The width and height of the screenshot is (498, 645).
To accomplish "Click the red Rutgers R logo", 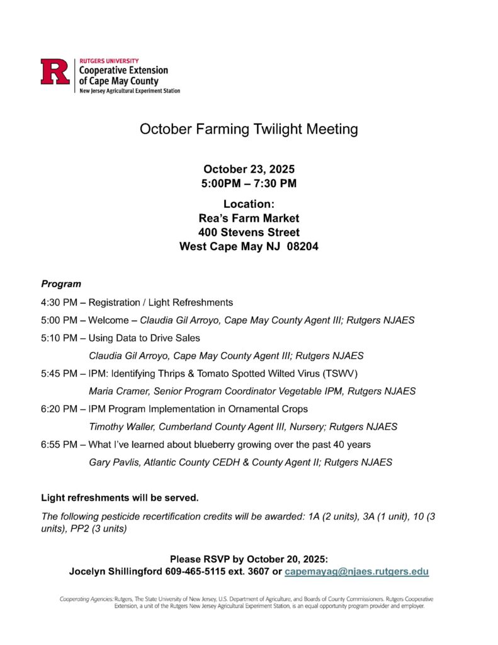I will click(55, 71).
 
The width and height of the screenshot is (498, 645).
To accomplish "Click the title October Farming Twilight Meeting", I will click(249, 129).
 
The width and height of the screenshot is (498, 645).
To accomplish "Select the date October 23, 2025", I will click(249, 169).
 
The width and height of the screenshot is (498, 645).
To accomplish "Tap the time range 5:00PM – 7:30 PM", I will click(249, 183).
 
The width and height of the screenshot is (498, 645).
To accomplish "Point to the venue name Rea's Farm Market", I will click(249, 219).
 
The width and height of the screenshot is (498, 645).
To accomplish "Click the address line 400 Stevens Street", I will click(249, 232).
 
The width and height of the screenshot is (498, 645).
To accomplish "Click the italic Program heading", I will click(61, 284).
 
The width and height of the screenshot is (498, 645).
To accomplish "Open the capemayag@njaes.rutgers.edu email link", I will click(357, 572).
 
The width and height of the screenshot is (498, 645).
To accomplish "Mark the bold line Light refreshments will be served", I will click(120, 498).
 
